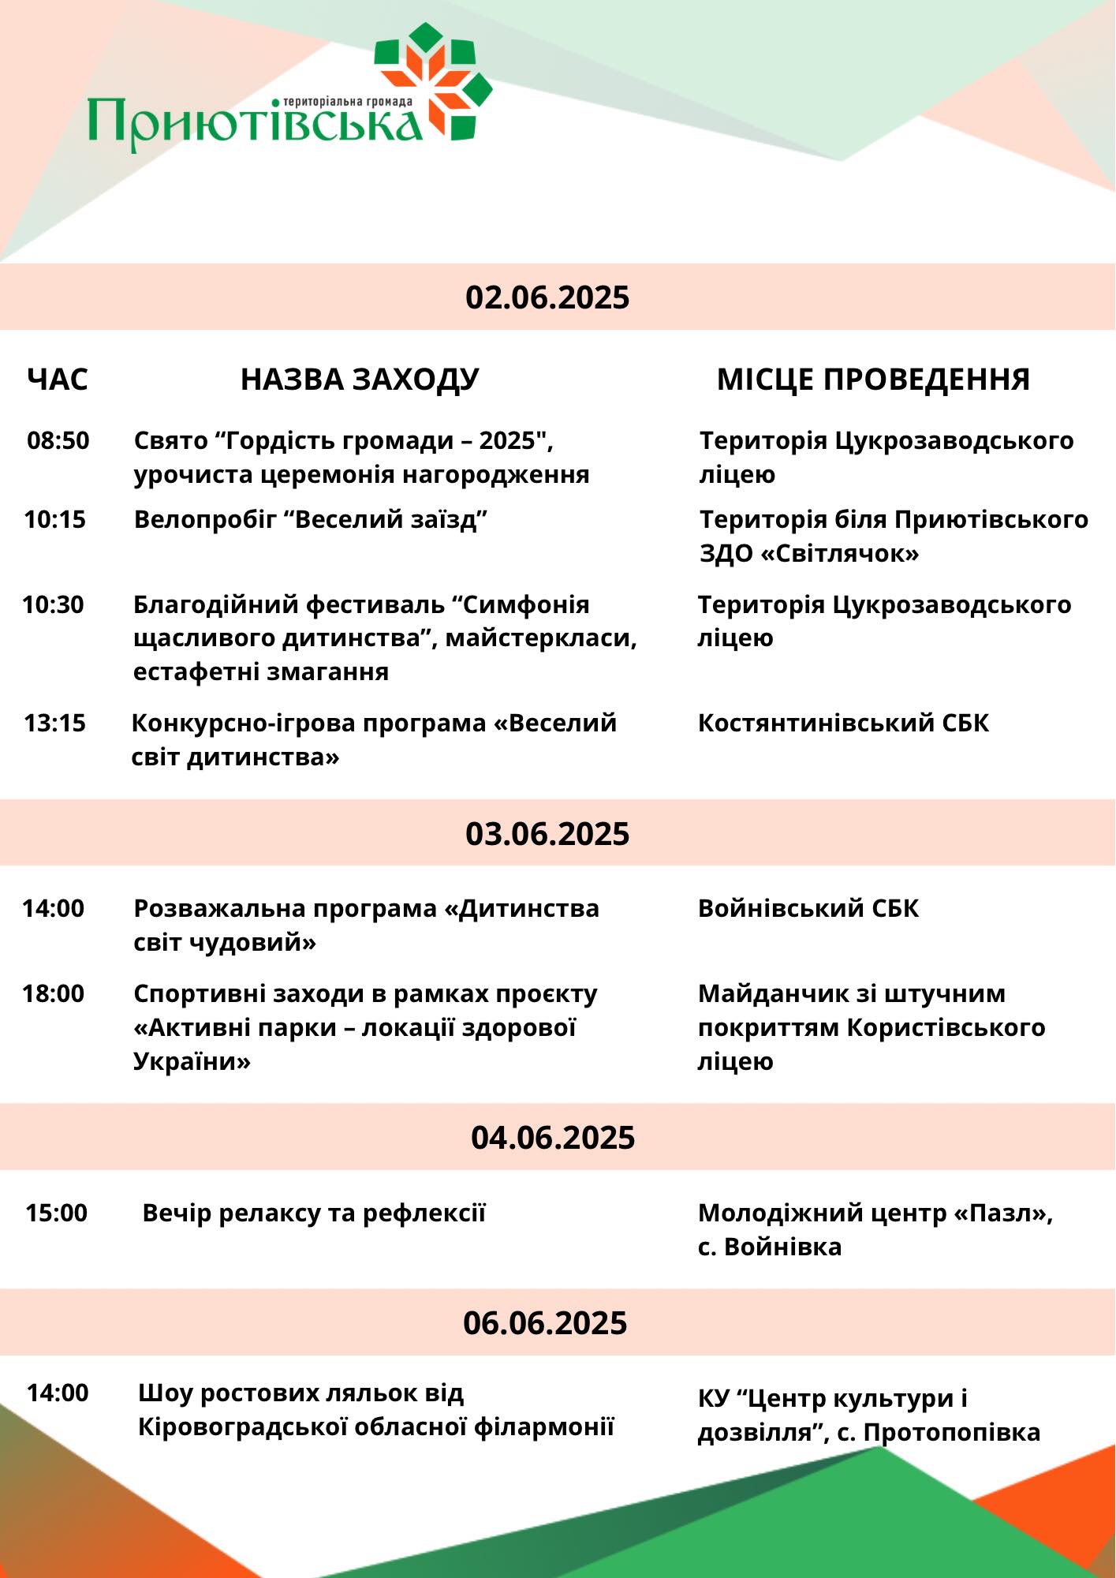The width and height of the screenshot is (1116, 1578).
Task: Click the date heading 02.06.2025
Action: point(547,297)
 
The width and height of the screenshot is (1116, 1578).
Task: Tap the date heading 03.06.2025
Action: point(547,834)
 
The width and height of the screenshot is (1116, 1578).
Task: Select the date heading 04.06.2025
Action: point(553,1138)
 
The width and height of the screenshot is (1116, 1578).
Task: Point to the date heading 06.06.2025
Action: point(545,1323)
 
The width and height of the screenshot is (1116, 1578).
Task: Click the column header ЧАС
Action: point(58,380)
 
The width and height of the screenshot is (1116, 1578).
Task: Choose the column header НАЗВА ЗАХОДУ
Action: point(360,380)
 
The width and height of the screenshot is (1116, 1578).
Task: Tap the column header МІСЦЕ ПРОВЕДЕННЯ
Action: point(873,380)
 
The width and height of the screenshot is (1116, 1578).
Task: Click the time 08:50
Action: point(58,440)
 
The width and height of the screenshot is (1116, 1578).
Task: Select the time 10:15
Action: point(55,519)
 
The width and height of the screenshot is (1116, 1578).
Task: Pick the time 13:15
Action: point(55,723)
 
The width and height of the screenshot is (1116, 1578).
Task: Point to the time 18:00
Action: point(54,993)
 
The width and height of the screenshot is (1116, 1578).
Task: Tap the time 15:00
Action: point(57,1213)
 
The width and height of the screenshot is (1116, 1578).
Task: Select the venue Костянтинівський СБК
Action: point(843,723)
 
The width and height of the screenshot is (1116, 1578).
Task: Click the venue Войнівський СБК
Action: point(808,908)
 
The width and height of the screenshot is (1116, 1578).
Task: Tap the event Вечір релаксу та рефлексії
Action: point(314,1213)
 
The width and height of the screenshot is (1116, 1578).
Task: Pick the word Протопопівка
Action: point(952,1432)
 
